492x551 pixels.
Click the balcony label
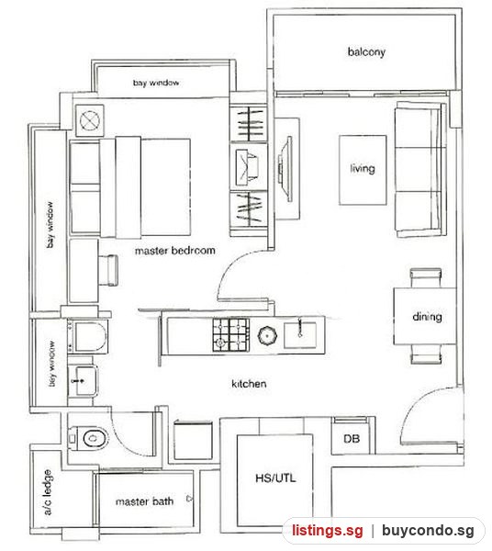(366, 52)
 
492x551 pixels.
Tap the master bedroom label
(175, 251)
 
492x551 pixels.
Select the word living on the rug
(363, 169)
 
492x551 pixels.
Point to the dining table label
(427, 317)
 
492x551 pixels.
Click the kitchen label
(249, 383)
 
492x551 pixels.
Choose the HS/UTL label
(275, 478)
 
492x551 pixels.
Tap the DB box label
(352, 439)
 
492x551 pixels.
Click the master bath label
(144, 501)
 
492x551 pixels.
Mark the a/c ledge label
(48, 492)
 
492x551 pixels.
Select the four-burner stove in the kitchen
(230, 335)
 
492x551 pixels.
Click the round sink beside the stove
(268, 335)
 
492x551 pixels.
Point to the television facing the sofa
(285, 169)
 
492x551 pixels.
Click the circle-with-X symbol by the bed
(90, 120)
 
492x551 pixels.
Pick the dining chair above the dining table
(426, 278)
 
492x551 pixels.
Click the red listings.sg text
(328, 530)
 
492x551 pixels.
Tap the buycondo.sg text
(428, 530)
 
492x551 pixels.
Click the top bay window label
(156, 83)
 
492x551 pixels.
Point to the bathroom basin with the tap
(83, 380)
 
